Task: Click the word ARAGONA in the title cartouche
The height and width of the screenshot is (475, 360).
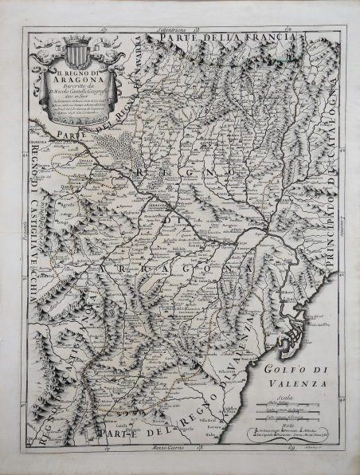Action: (76, 90)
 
